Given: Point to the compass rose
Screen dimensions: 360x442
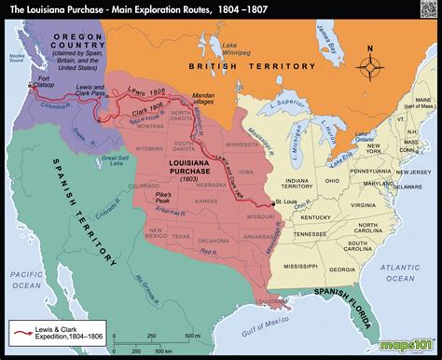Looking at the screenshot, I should tap(374, 67).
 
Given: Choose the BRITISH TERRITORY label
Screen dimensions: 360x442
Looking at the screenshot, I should tap(233, 67).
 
